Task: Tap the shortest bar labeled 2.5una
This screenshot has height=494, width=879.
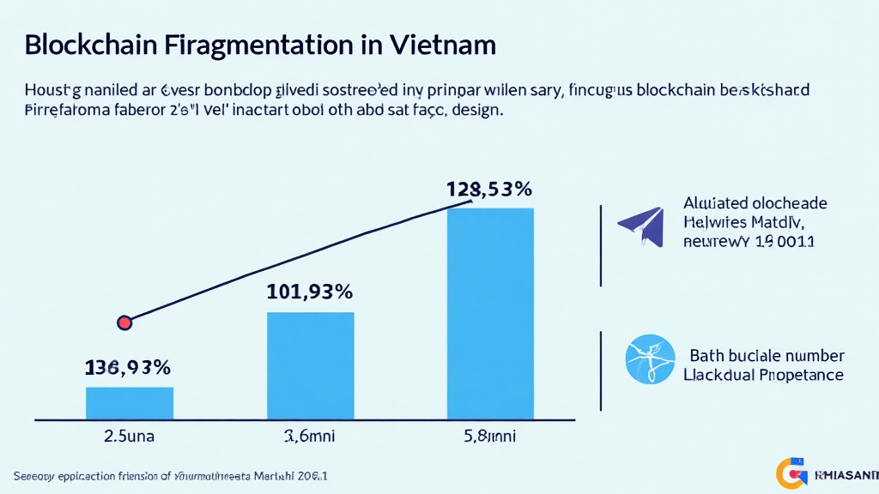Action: [130, 402]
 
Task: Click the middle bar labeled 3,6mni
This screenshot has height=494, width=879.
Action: [311, 365]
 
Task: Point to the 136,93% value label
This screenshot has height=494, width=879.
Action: [128, 367]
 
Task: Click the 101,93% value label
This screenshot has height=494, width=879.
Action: [310, 292]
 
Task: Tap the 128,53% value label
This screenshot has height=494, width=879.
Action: [490, 189]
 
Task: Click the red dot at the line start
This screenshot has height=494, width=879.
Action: [125, 322]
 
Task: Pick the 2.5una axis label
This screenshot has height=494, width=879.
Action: [129, 435]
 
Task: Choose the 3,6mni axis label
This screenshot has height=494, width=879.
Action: [310, 435]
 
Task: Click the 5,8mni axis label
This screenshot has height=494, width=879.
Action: [491, 435]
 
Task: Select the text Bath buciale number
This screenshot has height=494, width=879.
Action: [767, 356]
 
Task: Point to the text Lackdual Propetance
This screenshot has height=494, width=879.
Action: [763, 375]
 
